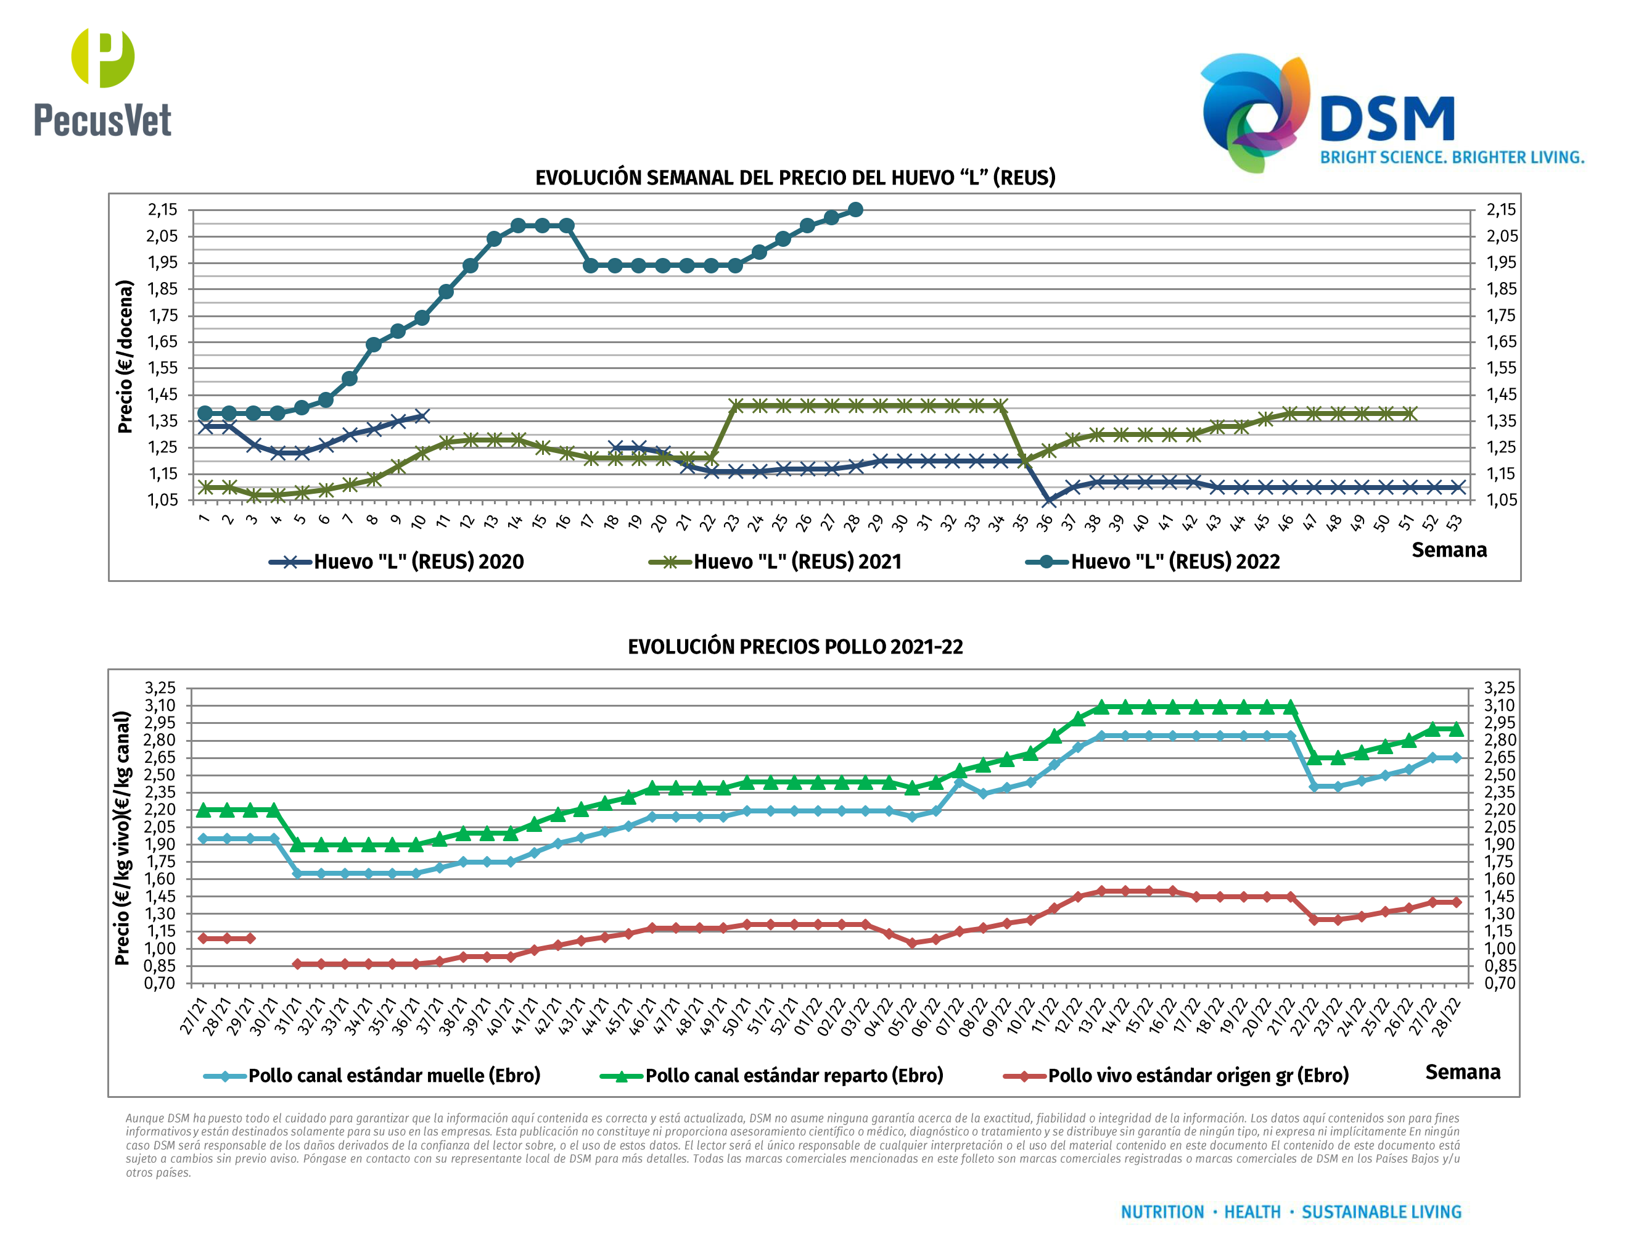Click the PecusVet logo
tap(103, 83)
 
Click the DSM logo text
tap(1386, 119)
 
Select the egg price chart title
tap(795, 178)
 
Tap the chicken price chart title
tap(795, 647)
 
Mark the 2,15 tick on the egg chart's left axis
tap(163, 210)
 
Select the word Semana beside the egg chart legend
tap(1449, 550)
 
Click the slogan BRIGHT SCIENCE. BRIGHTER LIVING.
tap(1452, 157)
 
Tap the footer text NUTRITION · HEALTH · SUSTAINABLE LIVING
tap(1291, 1212)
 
